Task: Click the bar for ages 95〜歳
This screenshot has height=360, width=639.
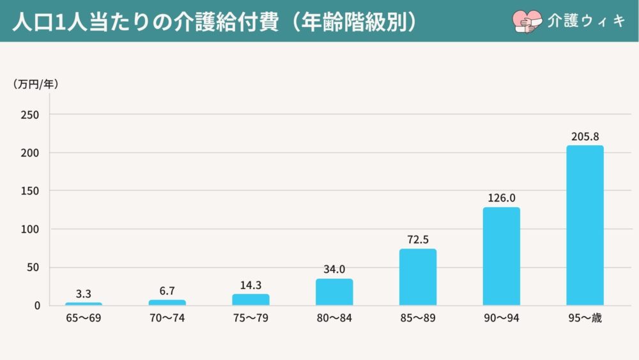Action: [585, 225]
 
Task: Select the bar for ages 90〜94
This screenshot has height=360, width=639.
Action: [501, 256]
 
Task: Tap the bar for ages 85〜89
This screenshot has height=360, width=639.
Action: [418, 277]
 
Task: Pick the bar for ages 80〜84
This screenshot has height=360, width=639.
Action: [334, 292]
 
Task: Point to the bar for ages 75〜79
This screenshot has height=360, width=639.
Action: [250, 299]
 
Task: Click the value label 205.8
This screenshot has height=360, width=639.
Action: [585, 137]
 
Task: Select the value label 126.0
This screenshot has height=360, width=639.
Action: [501, 198]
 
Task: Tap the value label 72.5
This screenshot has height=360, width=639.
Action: [418, 240]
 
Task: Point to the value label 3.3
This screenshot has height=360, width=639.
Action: [84, 293]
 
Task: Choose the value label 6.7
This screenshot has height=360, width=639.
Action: [167, 291]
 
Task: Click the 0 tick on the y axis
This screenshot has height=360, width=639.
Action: [37, 306]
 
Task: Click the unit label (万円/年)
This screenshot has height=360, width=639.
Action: [35, 84]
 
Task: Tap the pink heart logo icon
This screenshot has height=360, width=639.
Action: [525, 20]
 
